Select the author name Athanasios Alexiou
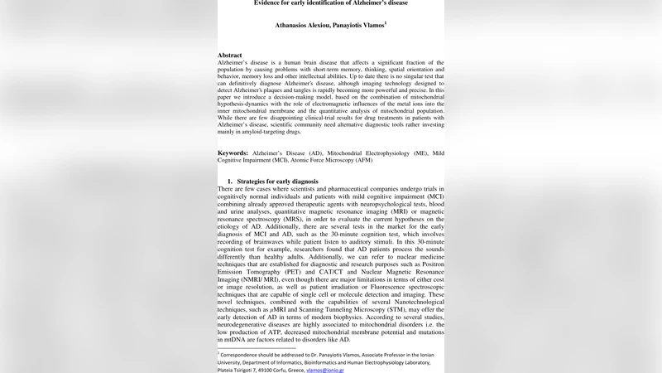pyautogui.click(x=303, y=25)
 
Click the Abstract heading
pyautogui.click(x=231, y=55)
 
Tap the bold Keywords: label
pyautogui.click(x=233, y=153)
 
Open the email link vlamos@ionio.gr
pyautogui.click(x=324, y=371)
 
